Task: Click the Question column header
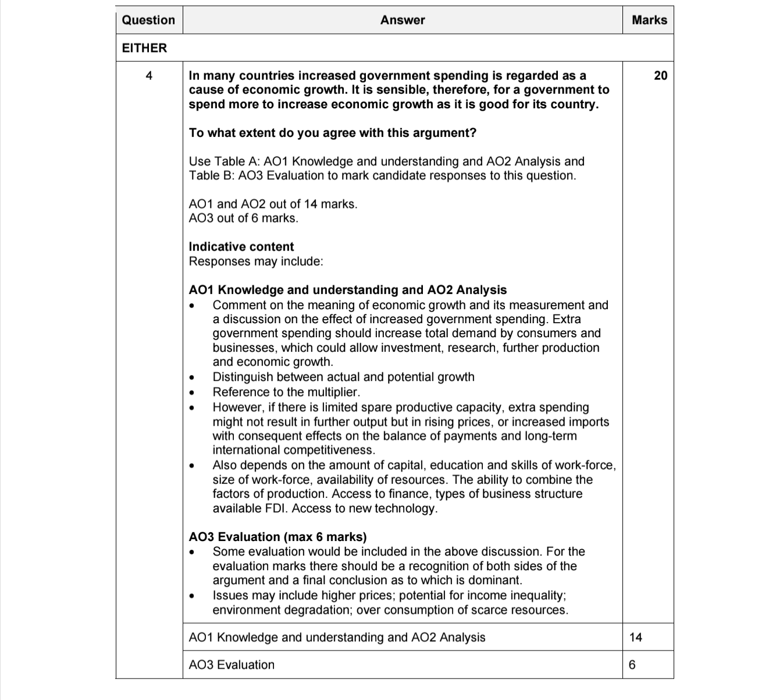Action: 148,20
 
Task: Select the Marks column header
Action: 649,20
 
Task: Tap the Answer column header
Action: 403,20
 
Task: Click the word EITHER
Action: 144,48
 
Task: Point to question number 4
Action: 149,75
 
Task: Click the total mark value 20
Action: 660,75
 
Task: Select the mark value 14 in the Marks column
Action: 636,637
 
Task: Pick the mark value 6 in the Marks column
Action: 632,664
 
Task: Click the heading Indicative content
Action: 241,246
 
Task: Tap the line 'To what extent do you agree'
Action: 332,133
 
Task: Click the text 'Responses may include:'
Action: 256,261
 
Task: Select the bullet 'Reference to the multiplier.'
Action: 286,392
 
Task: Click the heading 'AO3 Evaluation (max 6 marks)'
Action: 277,536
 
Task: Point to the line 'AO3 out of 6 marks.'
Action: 243,218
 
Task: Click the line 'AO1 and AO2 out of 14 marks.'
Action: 273,204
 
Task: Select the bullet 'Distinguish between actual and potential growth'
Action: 343,377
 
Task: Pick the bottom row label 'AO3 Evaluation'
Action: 232,664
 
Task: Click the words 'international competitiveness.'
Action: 294,450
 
